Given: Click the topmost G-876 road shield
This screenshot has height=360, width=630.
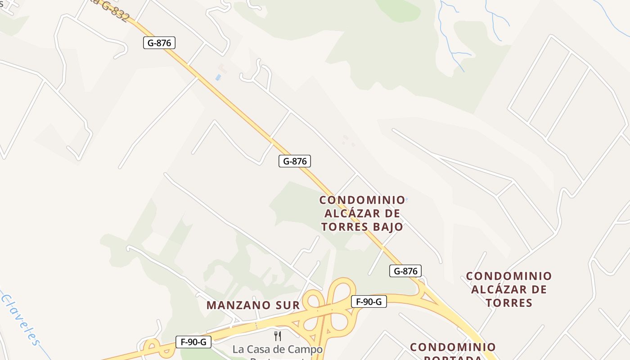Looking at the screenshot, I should point(159,43).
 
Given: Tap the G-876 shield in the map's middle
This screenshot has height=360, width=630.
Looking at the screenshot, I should point(295,161).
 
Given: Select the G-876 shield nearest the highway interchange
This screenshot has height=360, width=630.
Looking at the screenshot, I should point(405,271).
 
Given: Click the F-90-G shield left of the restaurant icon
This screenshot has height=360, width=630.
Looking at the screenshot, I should point(193,342).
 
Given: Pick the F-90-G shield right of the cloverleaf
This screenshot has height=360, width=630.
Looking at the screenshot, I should point(369,301).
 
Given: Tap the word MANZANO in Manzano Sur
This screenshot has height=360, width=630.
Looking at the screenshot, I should point(238,305).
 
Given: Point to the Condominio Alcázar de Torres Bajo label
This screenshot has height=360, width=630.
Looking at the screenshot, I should point(362,213).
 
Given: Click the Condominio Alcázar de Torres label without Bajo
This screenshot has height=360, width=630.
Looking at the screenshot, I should point(509,289).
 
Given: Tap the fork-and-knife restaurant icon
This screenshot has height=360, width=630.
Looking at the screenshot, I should point(278,336).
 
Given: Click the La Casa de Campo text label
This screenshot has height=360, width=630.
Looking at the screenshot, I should point(278,349).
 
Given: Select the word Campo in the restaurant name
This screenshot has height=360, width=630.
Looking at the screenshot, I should point(306,349).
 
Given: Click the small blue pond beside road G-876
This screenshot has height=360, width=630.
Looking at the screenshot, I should point(218,77).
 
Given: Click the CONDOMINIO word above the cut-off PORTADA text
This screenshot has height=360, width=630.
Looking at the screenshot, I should point(453,347).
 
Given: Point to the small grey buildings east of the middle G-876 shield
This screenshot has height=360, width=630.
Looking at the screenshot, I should point(347,140).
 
